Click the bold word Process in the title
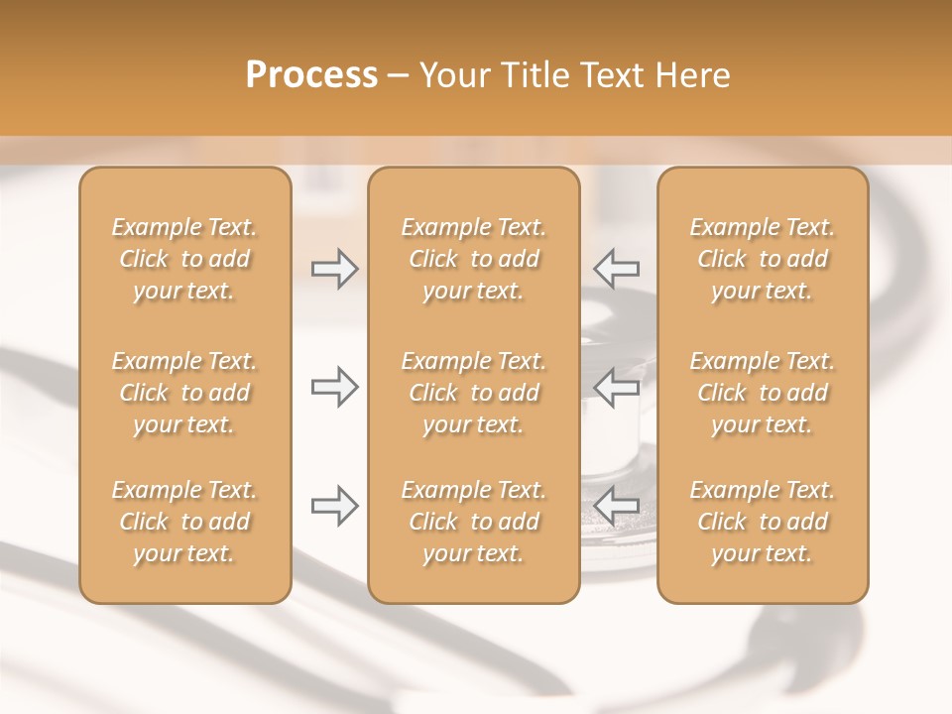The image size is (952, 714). coord(311,75)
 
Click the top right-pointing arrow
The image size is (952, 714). coord(335,269)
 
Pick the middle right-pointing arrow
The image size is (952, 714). coord(335,387)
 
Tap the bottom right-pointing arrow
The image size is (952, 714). coord(335,506)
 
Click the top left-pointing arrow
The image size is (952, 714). coord(616,269)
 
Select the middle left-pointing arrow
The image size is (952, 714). coord(616,387)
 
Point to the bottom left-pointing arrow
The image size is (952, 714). coord(616,506)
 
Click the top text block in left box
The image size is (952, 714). coord(184,259)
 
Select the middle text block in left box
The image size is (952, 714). coord(184,393)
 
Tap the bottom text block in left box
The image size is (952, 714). coord(184,522)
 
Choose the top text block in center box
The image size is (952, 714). coord(474,259)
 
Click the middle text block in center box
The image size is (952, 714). coord(474,393)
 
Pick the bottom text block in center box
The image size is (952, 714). coord(474,522)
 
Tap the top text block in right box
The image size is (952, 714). coord(763,259)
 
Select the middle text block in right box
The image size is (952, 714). coord(763,393)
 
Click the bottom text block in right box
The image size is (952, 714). coord(763,522)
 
